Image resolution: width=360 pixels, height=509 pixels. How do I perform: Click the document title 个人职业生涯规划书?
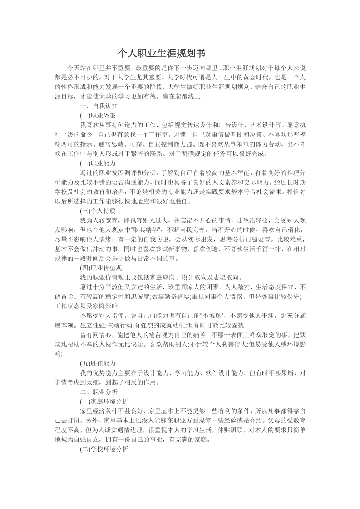pyautogui.click(x=158, y=54)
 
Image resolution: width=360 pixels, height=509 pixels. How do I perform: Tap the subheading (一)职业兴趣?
pyautogui.click(x=98, y=115)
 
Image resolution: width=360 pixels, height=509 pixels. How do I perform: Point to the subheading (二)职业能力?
pyautogui.click(x=98, y=162)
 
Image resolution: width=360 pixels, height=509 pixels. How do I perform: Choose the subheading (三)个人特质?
pyautogui.click(x=98, y=210)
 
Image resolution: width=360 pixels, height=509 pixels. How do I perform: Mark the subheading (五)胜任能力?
pyautogui.click(x=98, y=363)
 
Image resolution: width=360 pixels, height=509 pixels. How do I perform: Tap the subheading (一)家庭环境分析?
pyautogui.click(x=104, y=401)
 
